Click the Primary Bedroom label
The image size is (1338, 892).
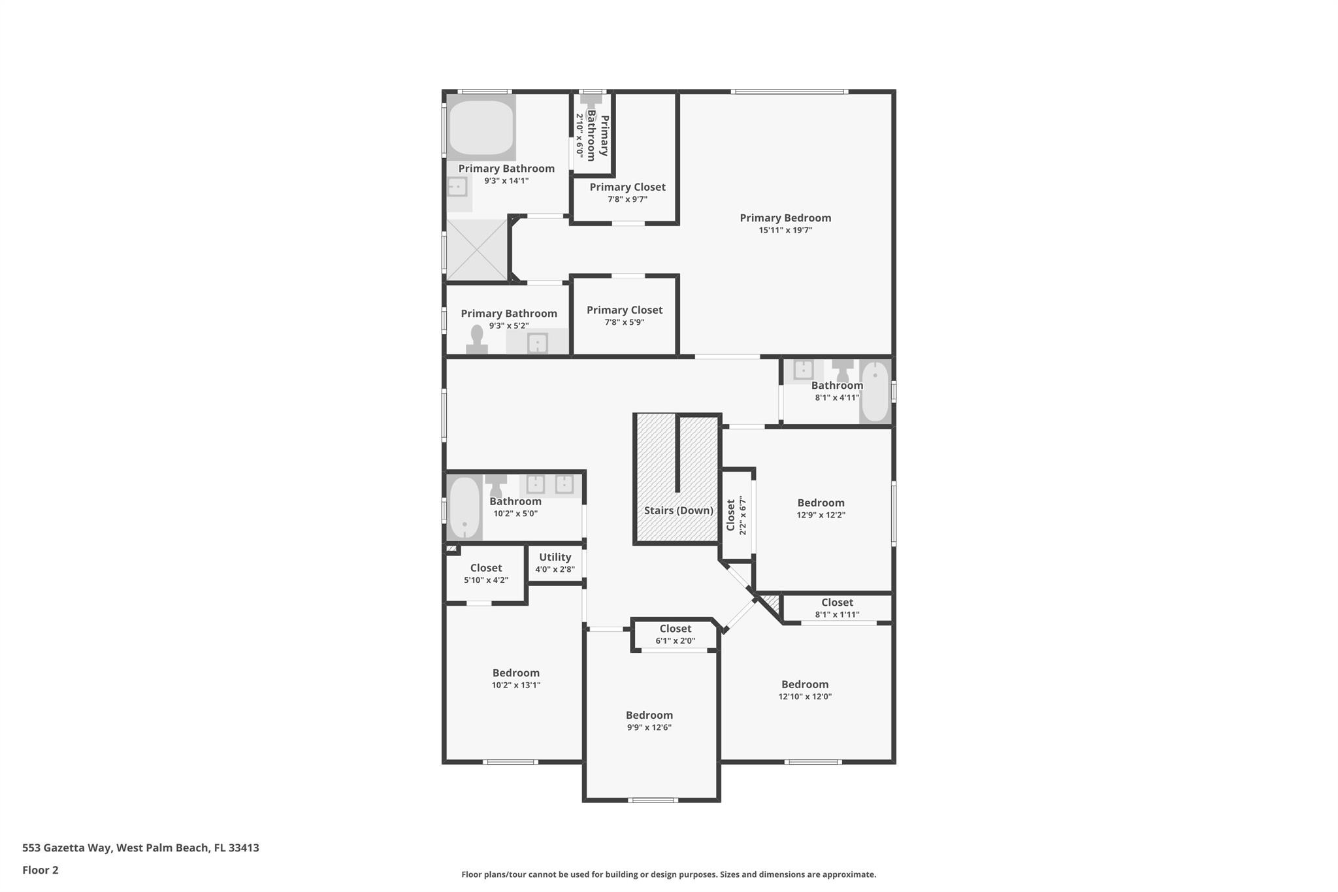pyautogui.click(x=785, y=218)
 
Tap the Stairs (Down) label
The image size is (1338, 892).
pyautogui.click(x=678, y=510)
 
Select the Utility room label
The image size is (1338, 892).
pyautogui.click(x=555, y=557)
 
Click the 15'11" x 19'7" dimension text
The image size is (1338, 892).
pyautogui.click(x=785, y=230)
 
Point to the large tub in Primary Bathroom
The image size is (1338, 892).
pyautogui.click(x=481, y=127)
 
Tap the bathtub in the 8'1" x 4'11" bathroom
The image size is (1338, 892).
pyautogui.click(x=875, y=391)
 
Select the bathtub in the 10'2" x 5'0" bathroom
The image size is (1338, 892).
pyautogui.click(x=465, y=508)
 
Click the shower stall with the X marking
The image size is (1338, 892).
pyautogui.click(x=477, y=250)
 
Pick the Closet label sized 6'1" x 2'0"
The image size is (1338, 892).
pyautogui.click(x=675, y=629)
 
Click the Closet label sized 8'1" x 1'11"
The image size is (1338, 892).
pyautogui.click(x=837, y=603)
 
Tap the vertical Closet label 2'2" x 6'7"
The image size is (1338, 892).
pyautogui.click(x=731, y=516)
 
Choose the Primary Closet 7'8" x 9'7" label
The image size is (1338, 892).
pyautogui.click(x=627, y=187)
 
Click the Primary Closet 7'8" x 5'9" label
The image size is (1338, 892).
pyautogui.click(x=625, y=310)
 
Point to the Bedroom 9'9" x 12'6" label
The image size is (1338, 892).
pyautogui.click(x=649, y=715)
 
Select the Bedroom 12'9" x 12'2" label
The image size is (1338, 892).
pyautogui.click(x=821, y=503)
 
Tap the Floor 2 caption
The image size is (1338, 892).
pyautogui.click(x=41, y=870)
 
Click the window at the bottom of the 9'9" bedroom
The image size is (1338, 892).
pyautogui.click(x=652, y=800)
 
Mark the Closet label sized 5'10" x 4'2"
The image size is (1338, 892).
pyautogui.click(x=486, y=568)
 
